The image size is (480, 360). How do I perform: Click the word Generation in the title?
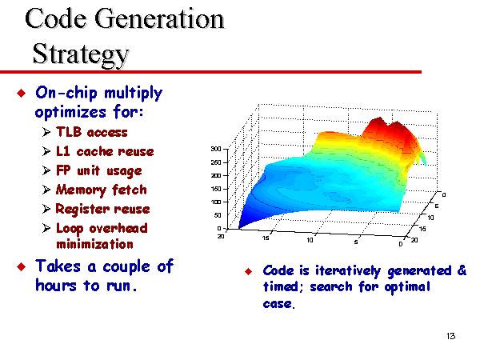tap(159, 19)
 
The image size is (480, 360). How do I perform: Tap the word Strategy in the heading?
tap(81, 55)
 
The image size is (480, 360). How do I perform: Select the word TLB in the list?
tap(69, 132)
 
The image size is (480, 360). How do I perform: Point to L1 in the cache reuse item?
tap(63, 151)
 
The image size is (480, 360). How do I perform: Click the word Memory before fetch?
tap(81, 190)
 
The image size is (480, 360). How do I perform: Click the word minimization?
tap(94, 244)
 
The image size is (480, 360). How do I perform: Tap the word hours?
tap(56, 286)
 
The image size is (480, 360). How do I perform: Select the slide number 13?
tap(451, 336)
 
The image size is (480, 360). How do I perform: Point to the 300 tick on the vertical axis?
tap(216, 149)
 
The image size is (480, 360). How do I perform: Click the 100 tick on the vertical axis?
tap(216, 202)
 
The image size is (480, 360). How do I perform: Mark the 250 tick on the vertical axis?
tap(216, 162)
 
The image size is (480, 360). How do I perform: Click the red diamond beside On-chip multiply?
tap(22, 93)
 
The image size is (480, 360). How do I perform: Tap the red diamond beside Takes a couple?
tap(22, 266)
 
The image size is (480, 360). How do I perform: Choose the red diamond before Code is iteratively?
tap(249, 271)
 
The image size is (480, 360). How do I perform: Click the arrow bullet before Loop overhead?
tap(46, 228)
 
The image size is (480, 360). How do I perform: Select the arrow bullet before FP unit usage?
tap(46, 170)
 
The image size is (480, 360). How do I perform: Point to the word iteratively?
tap(348, 271)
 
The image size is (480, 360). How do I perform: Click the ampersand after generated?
tap(462, 270)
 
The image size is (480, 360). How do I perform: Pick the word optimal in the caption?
tap(407, 287)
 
